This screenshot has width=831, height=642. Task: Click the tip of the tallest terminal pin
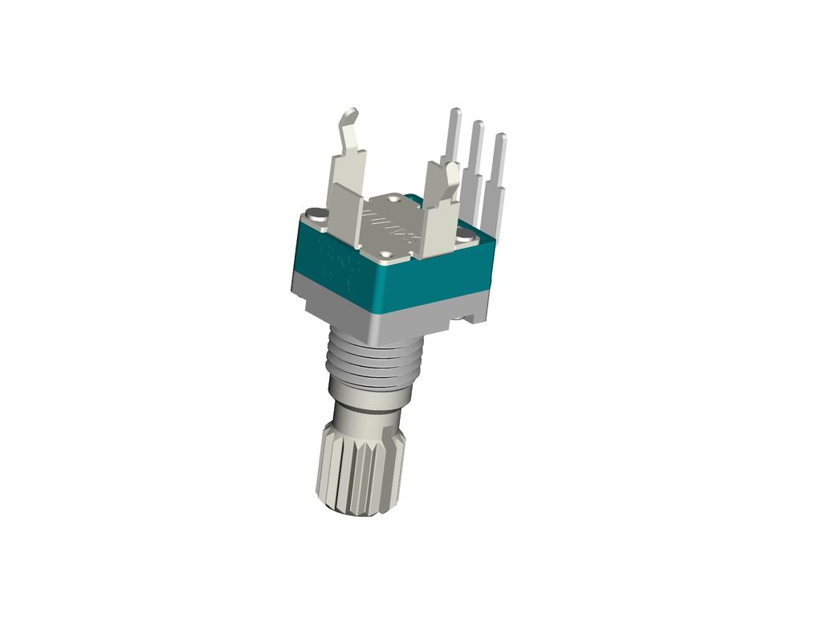tap(455, 113)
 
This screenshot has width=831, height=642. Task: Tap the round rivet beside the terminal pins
tap(466, 235)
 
